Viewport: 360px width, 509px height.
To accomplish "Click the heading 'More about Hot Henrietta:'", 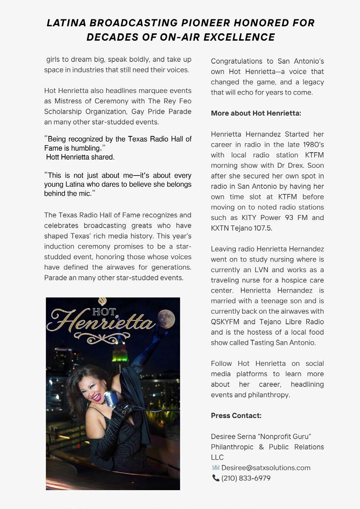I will pos(256,113).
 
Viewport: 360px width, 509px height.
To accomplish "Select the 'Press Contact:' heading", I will pos(236,415).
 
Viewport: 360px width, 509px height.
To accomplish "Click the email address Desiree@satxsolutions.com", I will pos(266,468).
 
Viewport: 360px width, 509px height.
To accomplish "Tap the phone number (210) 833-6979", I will pos(246,478).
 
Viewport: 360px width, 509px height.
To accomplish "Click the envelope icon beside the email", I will pos(216,468).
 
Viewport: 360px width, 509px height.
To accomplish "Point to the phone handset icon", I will pos(216,478).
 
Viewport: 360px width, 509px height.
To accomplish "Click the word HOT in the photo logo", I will pos(104,312).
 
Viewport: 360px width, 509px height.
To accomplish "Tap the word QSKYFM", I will pos(225,322).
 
